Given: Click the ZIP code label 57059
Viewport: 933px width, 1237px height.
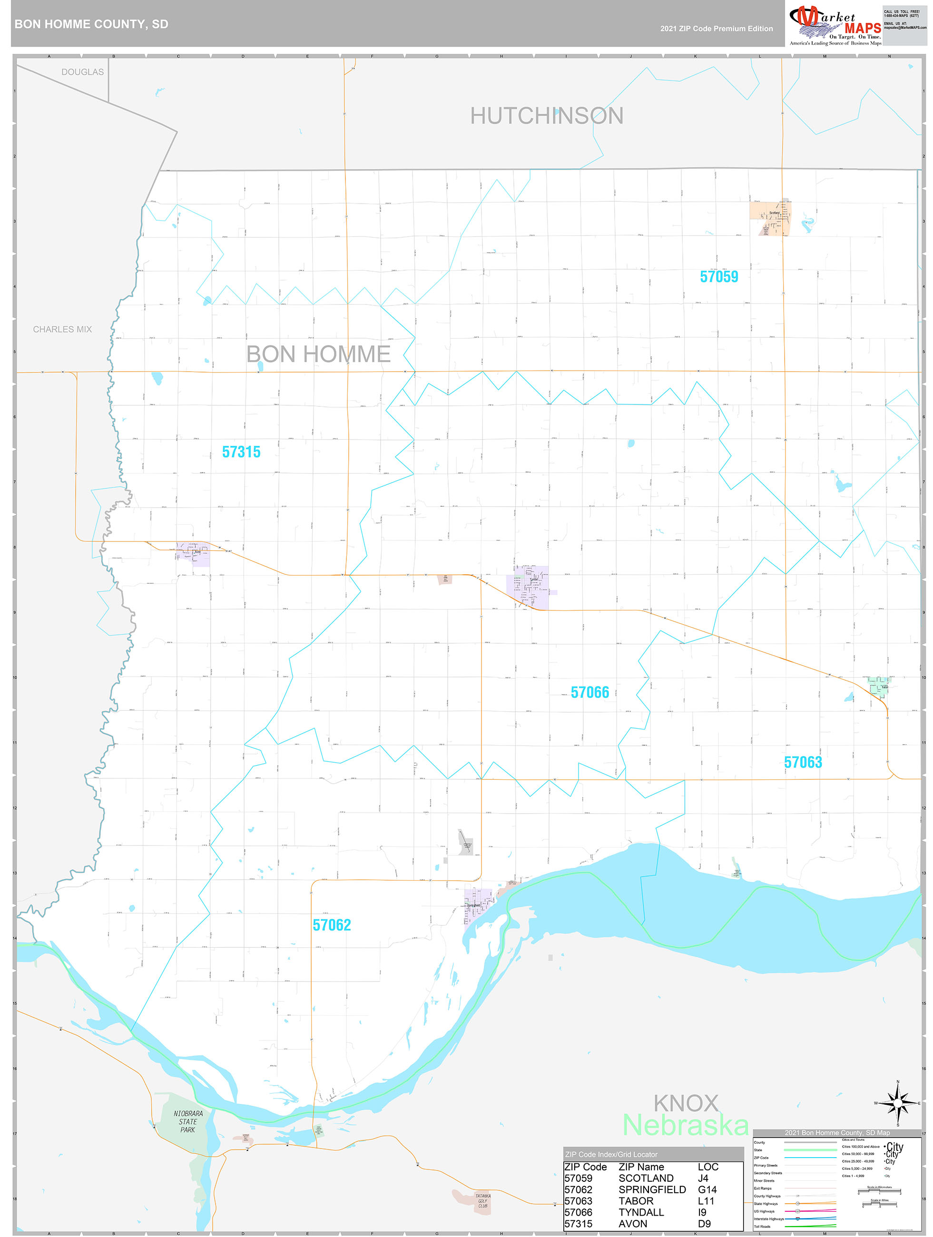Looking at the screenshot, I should coord(719,277).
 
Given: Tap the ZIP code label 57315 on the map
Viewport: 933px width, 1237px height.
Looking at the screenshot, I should coord(241,452).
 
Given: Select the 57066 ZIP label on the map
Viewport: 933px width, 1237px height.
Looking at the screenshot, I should coord(589,692).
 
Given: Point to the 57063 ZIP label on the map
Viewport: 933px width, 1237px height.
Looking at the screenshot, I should coord(803,762).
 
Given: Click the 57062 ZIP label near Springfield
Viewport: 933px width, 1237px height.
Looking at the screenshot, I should coord(332,925).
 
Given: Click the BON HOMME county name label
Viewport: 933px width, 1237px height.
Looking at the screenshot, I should coord(318,354).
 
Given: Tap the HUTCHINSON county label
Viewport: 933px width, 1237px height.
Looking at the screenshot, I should coord(547,116).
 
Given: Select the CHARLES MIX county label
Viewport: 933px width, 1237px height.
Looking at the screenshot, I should coord(62,329).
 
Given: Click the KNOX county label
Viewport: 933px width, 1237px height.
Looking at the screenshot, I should coord(686,1103).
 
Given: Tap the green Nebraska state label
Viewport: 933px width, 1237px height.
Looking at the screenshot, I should coord(685,1125).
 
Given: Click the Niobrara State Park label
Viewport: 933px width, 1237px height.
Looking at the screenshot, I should coord(188,1121).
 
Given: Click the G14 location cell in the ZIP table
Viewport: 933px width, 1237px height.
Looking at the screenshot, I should coord(707,1189).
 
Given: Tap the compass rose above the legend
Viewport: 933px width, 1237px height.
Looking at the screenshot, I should coord(897,1103).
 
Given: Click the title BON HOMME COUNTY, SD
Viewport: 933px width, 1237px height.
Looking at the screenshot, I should coord(91,24).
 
